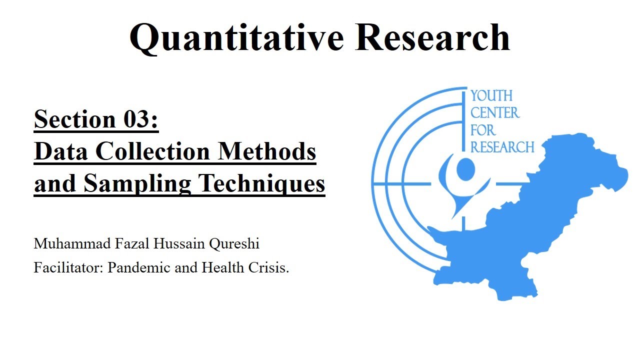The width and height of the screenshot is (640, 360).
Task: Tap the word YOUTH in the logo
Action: coord(492,96)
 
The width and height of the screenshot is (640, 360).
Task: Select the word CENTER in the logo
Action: coord(495,113)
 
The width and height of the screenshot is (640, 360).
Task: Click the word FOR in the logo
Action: coord(483,130)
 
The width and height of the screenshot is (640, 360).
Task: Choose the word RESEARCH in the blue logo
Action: coord(502,147)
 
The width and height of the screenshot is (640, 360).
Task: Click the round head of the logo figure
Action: coord(465,169)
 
